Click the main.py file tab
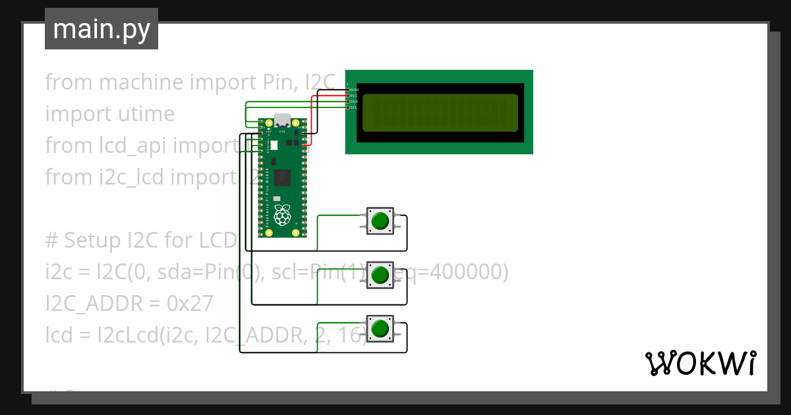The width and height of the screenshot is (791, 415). point(101,30)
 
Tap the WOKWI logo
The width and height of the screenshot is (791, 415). point(700,363)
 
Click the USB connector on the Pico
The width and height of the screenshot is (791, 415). point(282,121)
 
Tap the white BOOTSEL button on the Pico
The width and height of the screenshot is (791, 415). point(274,145)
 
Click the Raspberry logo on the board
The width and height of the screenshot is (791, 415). point(282,215)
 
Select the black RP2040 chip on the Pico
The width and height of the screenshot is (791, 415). point(283,177)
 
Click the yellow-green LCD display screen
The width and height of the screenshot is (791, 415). point(440,112)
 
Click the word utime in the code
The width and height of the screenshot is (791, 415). point(143,114)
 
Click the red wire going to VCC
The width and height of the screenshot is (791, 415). point(312,119)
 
